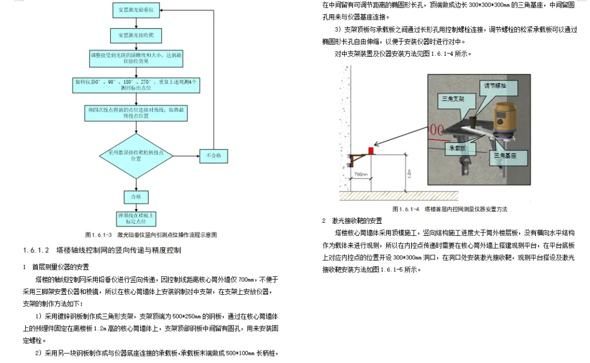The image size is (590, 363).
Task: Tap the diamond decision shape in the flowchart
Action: [136, 156]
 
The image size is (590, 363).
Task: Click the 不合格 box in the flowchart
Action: [214, 156]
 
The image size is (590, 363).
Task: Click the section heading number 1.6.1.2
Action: [37, 251]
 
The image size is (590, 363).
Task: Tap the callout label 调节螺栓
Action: [495, 86]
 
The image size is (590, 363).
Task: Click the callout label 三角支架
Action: [452, 99]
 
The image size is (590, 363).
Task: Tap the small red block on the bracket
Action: [370, 150]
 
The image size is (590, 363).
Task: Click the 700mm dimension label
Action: [361, 175]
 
